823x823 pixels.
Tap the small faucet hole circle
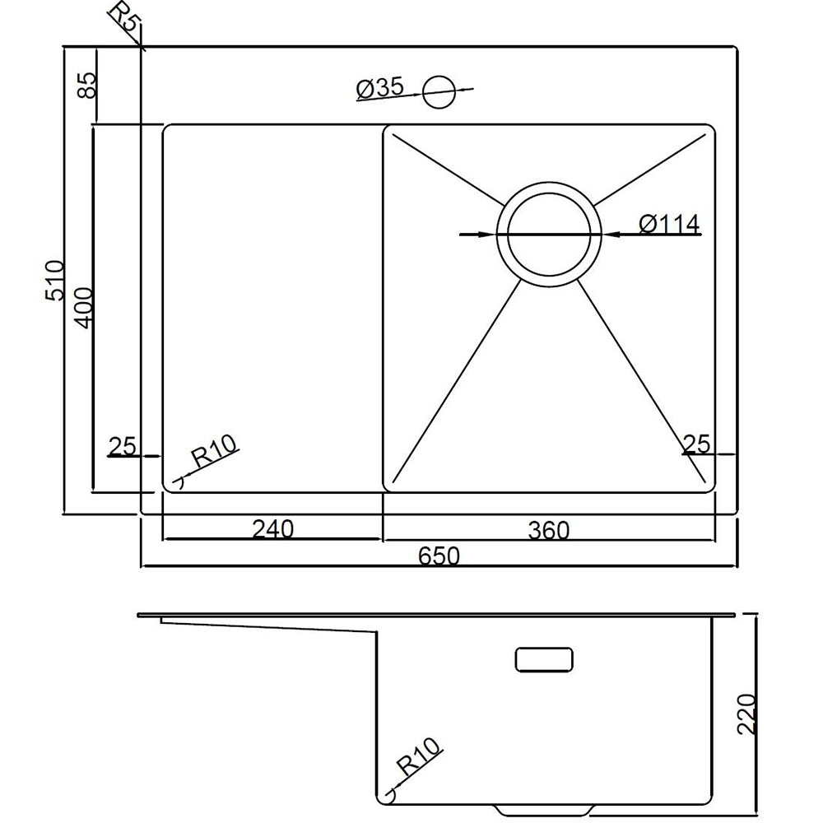pyautogui.click(x=439, y=92)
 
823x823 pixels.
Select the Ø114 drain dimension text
pyautogui.click(x=669, y=225)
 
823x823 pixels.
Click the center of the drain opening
pyautogui.click(x=549, y=235)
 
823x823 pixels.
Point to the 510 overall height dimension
pyautogui.click(x=54, y=281)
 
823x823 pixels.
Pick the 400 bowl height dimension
pyautogui.click(x=83, y=308)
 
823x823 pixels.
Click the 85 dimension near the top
pyautogui.click(x=87, y=85)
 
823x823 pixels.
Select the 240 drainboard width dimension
pyautogui.click(x=273, y=528)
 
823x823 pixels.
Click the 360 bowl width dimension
pyautogui.click(x=548, y=530)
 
